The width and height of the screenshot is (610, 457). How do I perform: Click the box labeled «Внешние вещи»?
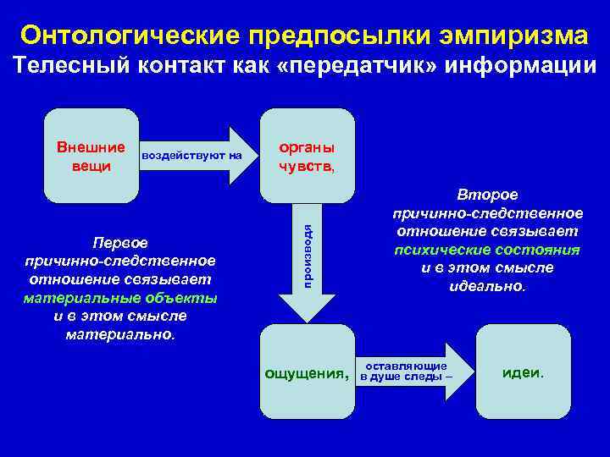pyautogui.click(x=90, y=156)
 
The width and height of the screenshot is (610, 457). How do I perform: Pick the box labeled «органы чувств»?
pyautogui.click(x=307, y=156)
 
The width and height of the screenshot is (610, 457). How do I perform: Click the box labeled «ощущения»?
pyautogui.click(x=307, y=372)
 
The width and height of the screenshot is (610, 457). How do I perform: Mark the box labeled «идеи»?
pyautogui.click(x=524, y=372)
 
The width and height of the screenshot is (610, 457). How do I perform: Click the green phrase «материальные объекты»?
pyautogui.click(x=119, y=298)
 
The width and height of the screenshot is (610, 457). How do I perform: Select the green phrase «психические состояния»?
pyautogui.click(x=486, y=250)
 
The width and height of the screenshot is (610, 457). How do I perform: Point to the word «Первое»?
pyautogui.click(x=119, y=243)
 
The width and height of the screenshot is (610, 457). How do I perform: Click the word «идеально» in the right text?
pyautogui.click(x=486, y=286)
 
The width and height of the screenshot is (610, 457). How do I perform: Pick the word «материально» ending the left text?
pyautogui.click(x=119, y=334)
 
